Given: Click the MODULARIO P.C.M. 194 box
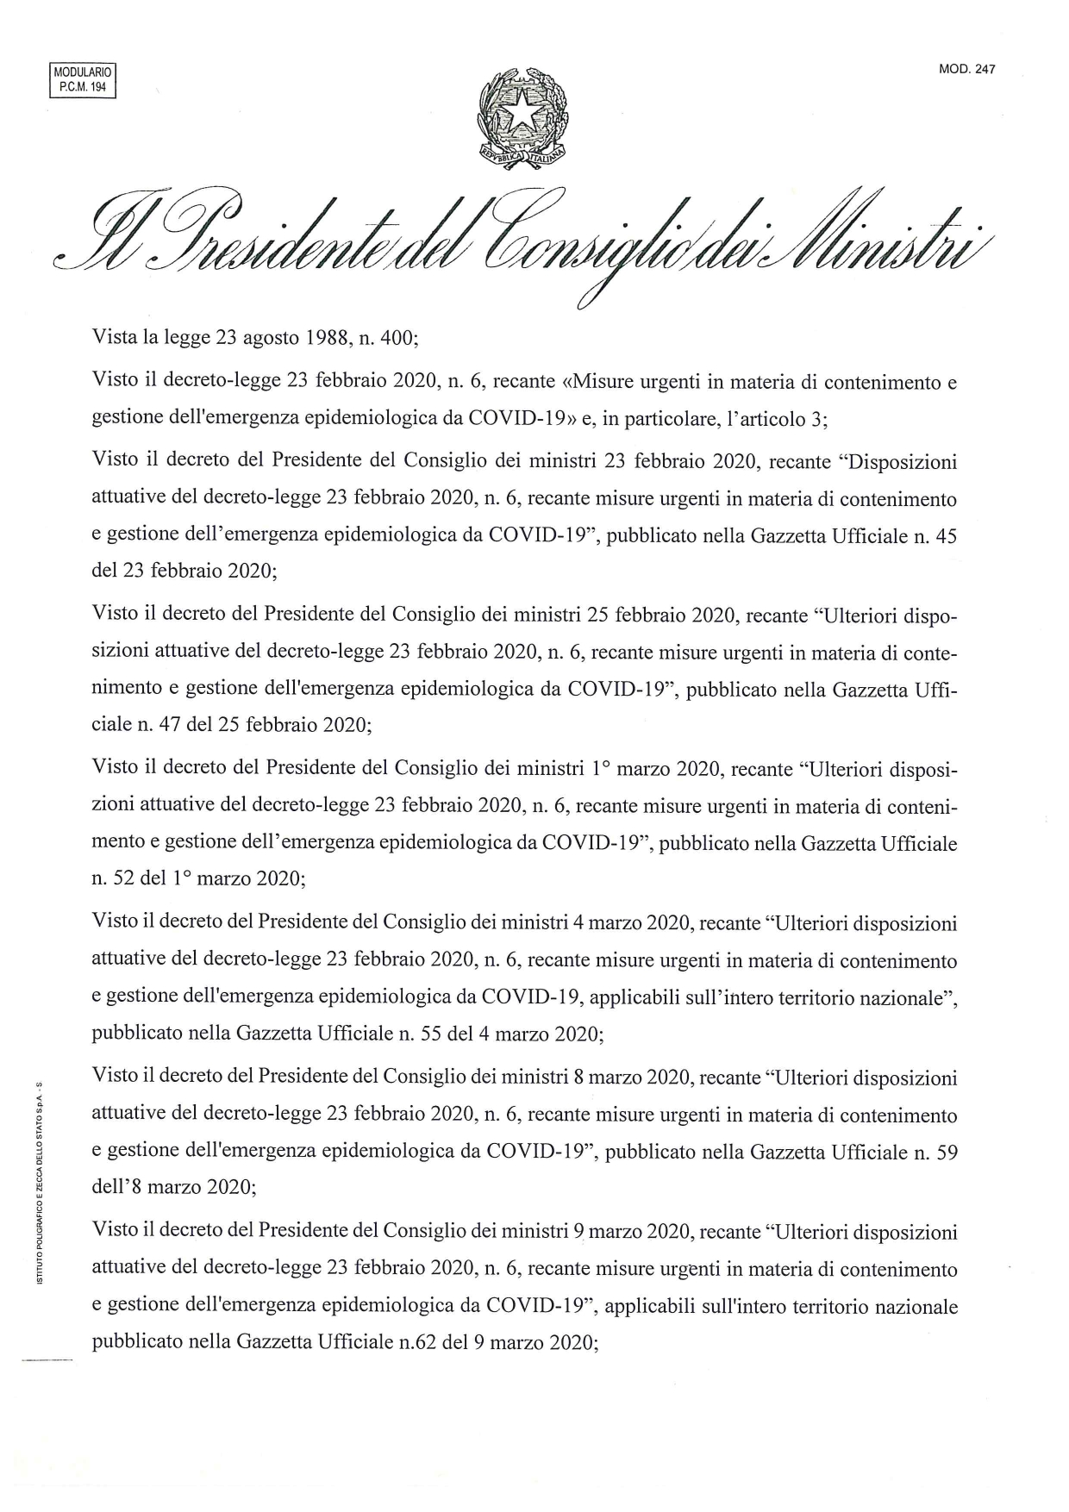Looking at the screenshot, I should point(83,79).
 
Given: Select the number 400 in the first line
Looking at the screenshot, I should point(397,337).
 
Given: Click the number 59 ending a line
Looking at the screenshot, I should point(947,1153).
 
